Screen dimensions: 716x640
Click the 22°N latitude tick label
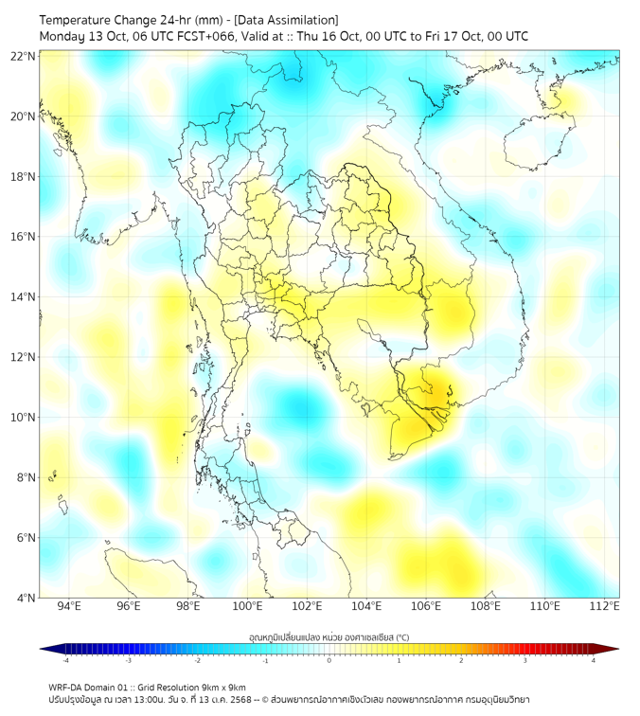24,56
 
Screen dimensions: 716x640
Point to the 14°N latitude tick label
24,297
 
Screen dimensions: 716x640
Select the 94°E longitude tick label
69,606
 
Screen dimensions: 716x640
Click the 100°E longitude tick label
248,606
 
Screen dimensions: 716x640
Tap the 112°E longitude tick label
605,606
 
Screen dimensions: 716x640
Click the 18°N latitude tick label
24,177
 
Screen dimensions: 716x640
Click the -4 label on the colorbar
64,660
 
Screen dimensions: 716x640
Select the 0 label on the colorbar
329,660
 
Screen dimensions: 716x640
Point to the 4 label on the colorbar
593,660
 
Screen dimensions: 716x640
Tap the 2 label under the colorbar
461,660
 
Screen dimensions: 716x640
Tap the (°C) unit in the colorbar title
401,637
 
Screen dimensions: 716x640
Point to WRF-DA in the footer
66,687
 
